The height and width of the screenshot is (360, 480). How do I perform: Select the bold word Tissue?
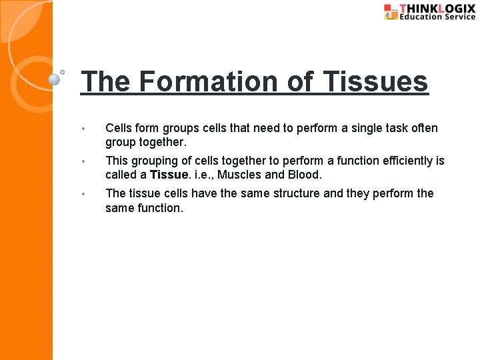(x=169, y=175)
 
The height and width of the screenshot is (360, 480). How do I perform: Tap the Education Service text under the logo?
(x=437, y=17)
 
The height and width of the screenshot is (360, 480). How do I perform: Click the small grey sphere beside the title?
(x=55, y=79)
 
